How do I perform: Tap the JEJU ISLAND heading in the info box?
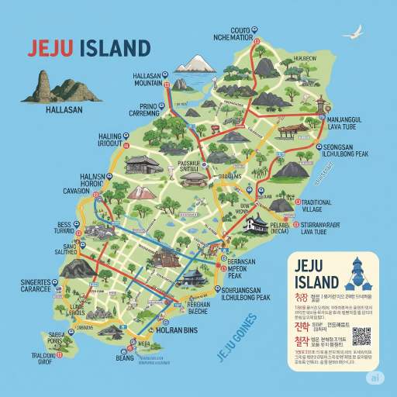(x=317, y=272)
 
